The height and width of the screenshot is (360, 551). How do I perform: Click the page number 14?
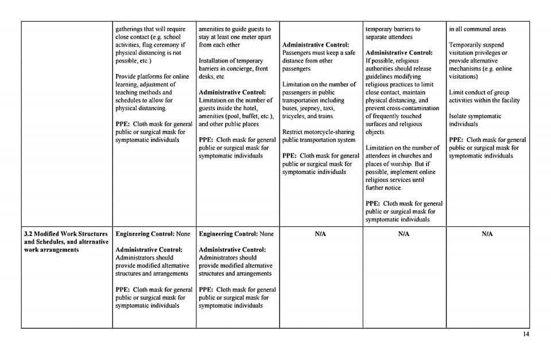click(526, 335)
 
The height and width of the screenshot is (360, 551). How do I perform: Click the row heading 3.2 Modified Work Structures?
click(65, 234)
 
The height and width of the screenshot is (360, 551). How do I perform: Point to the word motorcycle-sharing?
click(329, 132)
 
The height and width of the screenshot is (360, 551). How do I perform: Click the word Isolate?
click(459, 116)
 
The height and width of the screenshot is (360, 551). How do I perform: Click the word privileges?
click(487, 53)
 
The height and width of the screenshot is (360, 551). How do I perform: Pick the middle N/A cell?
click(403, 234)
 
